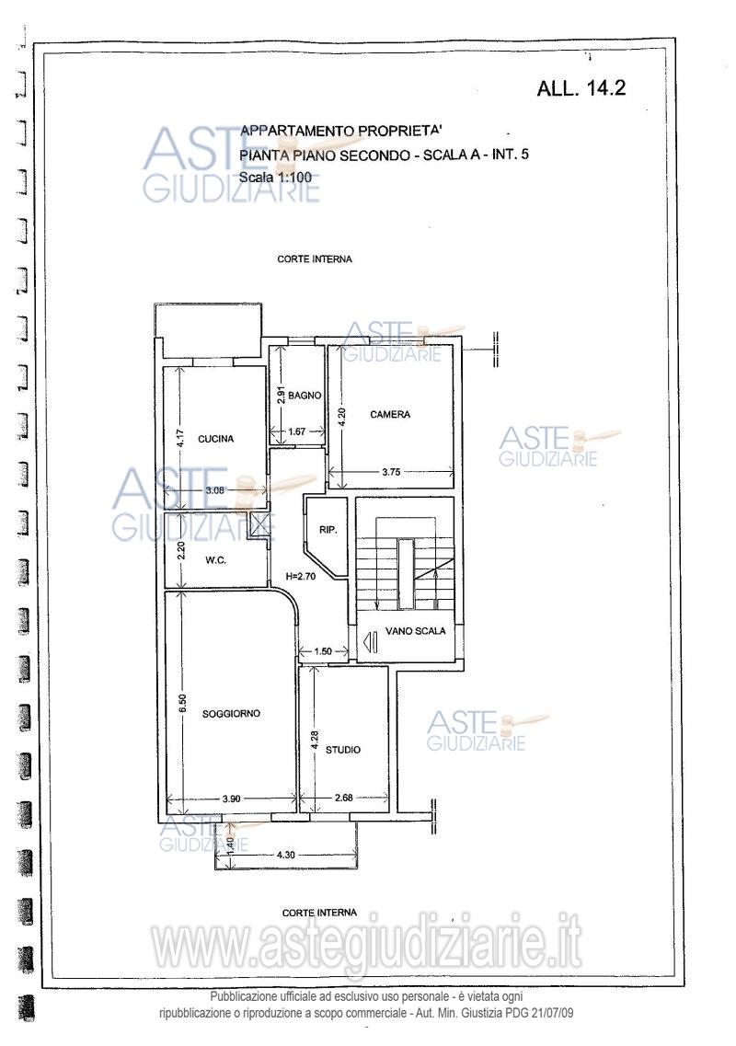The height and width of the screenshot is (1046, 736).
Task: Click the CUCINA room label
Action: pyautogui.click(x=216, y=439)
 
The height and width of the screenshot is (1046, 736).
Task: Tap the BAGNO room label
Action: pyautogui.click(x=305, y=396)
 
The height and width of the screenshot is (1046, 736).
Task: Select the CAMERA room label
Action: pyautogui.click(x=390, y=414)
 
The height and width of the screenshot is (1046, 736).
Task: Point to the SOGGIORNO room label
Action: pyautogui.click(x=231, y=714)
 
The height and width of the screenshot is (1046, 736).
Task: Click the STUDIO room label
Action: pyautogui.click(x=343, y=750)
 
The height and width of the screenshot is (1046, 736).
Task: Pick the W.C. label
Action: pyautogui.click(x=215, y=560)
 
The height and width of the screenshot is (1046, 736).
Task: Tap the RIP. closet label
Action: pyautogui.click(x=328, y=530)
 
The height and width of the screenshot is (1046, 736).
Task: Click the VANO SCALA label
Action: pyautogui.click(x=416, y=630)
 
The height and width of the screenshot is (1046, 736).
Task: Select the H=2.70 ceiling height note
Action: pyautogui.click(x=300, y=577)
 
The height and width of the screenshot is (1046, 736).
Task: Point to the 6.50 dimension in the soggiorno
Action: pyautogui.click(x=183, y=704)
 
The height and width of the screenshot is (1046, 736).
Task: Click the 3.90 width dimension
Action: pyautogui.click(x=231, y=798)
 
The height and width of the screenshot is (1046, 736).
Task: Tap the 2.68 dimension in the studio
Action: pyautogui.click(x=343, y=798)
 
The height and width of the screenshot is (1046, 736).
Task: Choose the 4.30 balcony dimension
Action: pyautogui.click(x=285, y=855)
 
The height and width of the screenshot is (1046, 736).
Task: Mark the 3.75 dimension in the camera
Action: pyautogui.click(x=391, y=472)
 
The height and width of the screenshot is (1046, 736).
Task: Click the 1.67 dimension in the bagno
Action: pyautogui.click(x=297, y=431)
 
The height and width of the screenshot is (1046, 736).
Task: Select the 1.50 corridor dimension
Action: pyautogui.click(x=322, y=651)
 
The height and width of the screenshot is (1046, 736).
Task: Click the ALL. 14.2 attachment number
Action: pyautogui.click(x=581, y=88)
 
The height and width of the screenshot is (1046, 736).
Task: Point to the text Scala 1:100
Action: pyautogui.click(x=276, y=178)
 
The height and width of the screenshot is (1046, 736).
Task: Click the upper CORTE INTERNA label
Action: pyautogui.click(x=315, y=259)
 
